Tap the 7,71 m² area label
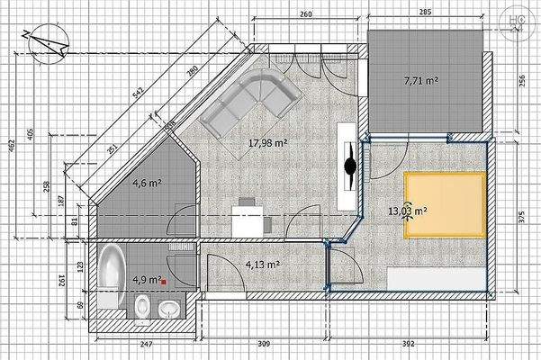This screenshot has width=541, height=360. coord(420,80)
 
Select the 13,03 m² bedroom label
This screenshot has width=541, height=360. coord(407,211)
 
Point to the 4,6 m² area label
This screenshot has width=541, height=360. coord(147,183)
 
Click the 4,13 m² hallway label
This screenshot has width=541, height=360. coord(262,265)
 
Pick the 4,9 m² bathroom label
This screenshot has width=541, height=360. coord(146,280)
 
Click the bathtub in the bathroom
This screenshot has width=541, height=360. coord(111,279)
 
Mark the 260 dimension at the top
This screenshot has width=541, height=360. coord(305,15)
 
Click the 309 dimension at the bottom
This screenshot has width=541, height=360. coord(263,345)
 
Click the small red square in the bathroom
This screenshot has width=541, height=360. coord(164,282)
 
